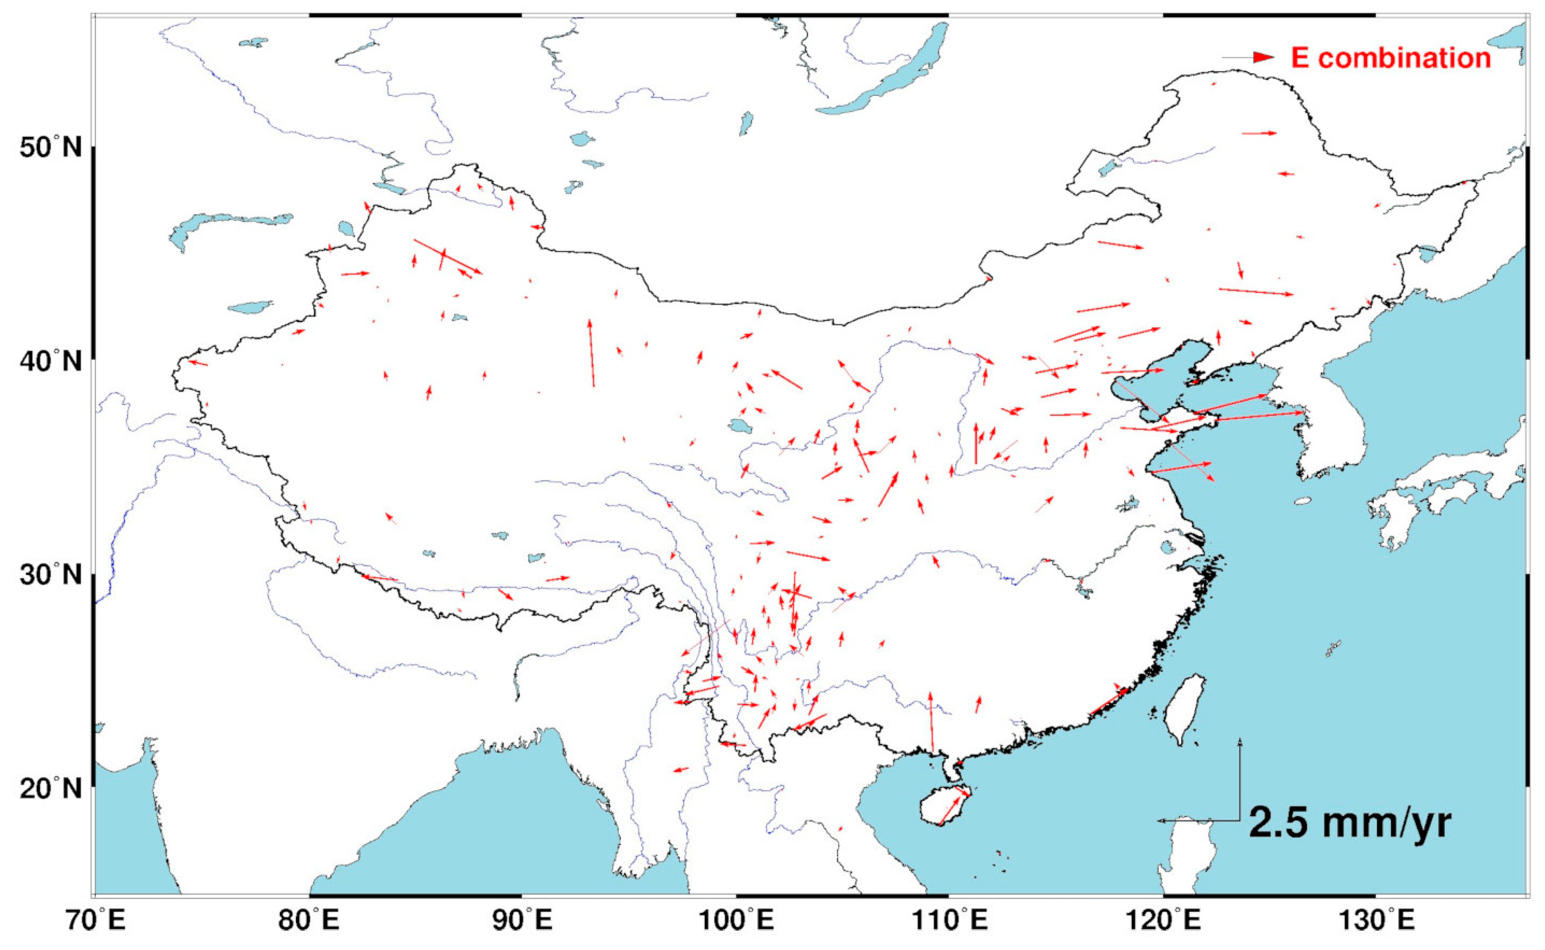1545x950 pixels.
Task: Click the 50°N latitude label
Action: coord(50,148)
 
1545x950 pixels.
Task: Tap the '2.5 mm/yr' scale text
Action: coord(1350,823)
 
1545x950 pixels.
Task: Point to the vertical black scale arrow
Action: coord(1240,779)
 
